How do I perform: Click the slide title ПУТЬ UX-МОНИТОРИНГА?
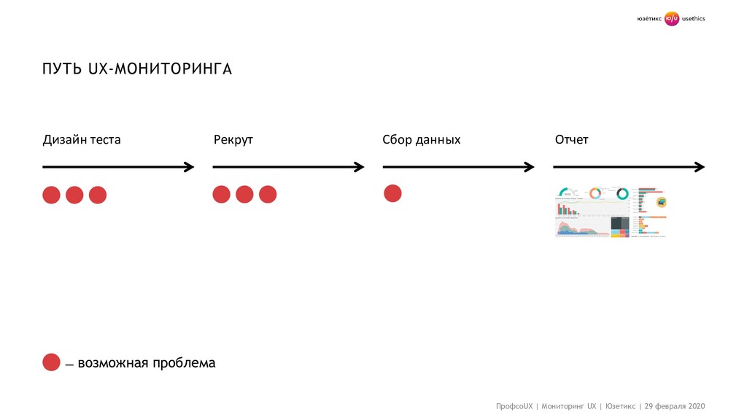[x=136, y=69]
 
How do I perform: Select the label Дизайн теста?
[x=82, y=139]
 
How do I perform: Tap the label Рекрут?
[x=233, y=139]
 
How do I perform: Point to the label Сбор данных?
[x=422, y=139]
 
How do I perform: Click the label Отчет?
[x=571, y=139]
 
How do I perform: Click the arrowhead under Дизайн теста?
[x=190, y=167]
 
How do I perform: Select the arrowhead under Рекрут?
[x=359, y=167]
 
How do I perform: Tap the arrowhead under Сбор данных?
[x=530, y=167]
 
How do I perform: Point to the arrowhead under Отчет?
[x=700, y=167]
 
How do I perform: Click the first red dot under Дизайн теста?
[x=51, y=195]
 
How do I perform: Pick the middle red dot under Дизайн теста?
[x=74, y=195]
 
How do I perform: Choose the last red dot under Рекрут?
[x=268, y=194]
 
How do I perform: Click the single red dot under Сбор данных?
[x=392, y=193]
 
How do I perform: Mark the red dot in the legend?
[x=51, y=362]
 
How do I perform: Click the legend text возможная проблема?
[x=147, y=362]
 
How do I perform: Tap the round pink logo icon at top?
[x=671, y=19]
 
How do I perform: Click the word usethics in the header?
[x=694, y=19]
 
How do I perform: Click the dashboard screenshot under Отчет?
[x=611, y=211]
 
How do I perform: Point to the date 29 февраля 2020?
[x=675, y=405]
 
